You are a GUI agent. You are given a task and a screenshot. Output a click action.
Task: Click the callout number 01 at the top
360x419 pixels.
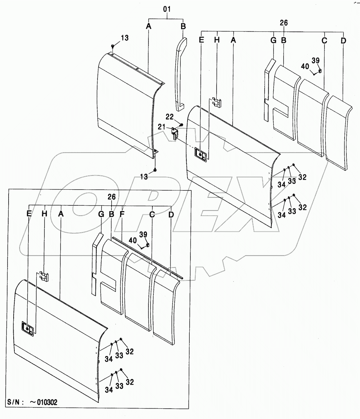(167, 9)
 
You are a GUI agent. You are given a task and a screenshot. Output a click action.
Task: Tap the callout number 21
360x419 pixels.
(161, 126)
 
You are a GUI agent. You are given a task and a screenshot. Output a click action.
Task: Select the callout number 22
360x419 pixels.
(170, 117)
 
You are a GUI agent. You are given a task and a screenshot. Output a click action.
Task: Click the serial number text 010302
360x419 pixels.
(47, 402)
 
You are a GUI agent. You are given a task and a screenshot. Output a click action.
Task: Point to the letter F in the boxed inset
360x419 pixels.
(122, 214)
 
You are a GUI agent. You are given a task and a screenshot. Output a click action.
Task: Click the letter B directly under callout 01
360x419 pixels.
(183, 26)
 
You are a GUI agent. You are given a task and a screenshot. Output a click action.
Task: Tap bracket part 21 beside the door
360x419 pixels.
(174, 133)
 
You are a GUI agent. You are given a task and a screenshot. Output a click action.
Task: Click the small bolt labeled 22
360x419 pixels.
(181, 125)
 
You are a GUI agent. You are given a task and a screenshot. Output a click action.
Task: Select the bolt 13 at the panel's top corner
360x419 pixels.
(113, 46)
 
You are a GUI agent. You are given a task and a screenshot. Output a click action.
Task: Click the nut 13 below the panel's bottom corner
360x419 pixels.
(155, 170)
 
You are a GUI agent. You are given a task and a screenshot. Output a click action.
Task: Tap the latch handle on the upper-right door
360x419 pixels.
(201, 155)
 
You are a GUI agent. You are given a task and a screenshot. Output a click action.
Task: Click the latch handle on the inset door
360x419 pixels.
(28, 328)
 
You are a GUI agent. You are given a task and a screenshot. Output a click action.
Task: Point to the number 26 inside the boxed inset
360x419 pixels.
(112, 197)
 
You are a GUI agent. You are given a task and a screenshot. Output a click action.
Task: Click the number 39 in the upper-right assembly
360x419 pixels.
(316, 61)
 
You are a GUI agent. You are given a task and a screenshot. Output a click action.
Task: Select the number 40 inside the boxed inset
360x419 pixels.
(133, 240)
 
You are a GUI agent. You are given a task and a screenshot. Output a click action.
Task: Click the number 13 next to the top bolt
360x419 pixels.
(124, 38)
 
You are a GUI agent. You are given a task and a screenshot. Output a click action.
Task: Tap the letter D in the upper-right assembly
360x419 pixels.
(344, 41)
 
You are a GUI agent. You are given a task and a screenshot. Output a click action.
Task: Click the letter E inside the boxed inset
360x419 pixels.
(29, 214)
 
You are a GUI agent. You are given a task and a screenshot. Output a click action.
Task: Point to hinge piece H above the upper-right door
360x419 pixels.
(217, 102)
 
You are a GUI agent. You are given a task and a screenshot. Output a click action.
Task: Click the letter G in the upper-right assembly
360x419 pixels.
(273, 40)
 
